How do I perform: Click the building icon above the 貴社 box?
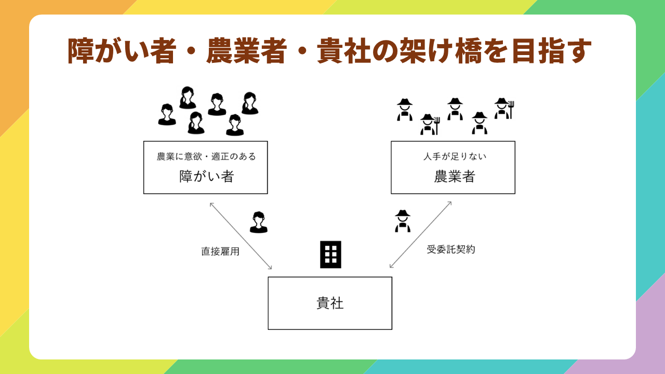click(x=330, y=255)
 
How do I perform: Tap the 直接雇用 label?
click(x=220, y=251)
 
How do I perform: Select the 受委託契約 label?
click(x=450, y=249)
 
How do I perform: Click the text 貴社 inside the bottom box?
click(x=330, y=303)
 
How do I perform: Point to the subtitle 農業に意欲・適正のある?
click(x=206, y=156)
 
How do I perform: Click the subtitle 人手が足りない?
click(x=455, y=156)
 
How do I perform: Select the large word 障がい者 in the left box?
click(x=207, y=176)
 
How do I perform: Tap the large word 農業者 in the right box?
click(x=455, y=176)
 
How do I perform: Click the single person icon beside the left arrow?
click(x=259, y=222)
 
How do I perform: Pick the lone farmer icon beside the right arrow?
click(x=403, y=221)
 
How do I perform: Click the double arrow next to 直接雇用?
click(x=241, y=236)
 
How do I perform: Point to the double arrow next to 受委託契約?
click(x=420, y=235)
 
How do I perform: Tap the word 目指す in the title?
click(x=552, y=51)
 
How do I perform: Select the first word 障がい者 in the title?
click(x=122, y=51)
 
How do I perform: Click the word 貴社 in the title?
click(x=343, y=51)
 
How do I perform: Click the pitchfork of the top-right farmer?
click(x=511, y=110)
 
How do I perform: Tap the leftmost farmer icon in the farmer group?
click(x=405, y=110)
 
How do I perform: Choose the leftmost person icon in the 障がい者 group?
click(x=167, y=115)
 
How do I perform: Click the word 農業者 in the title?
click(x=247, y=51)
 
